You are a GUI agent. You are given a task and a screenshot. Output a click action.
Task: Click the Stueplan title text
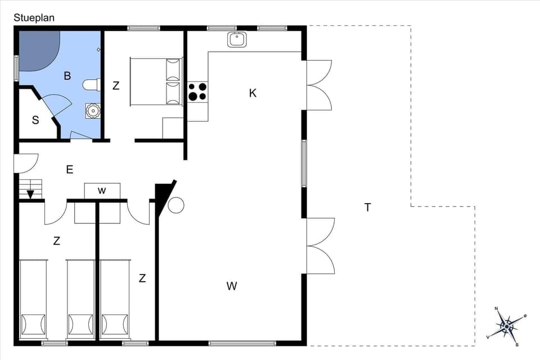[x=34, y=18]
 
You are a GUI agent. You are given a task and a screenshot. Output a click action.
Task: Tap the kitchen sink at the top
[x=237, y=39]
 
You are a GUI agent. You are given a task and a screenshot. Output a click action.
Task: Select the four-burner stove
[x=197, y=92]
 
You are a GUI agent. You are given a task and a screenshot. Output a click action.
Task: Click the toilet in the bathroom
[x=91, y=85]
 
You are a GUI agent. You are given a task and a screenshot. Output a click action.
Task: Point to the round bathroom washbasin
[x=92, y=111]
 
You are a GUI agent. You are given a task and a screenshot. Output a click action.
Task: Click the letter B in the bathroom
[x=67, y=76]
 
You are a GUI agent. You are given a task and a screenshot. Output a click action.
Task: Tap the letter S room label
[x=35, y=120]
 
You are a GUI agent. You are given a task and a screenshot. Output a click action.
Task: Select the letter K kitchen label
[x=253, y=93]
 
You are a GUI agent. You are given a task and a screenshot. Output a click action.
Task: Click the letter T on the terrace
[x=367, y=208]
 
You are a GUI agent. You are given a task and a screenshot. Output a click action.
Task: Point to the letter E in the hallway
[x=70, y=169]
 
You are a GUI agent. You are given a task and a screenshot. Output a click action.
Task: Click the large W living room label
[x=232, y=286]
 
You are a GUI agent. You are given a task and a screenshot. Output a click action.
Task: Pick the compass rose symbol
[x=506, y=326]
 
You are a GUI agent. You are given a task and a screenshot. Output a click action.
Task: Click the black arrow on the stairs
[x=30, y=194]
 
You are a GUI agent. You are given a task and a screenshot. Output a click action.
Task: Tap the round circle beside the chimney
[x=176, y=205]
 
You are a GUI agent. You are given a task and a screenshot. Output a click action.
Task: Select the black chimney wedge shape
[x=163, y=196]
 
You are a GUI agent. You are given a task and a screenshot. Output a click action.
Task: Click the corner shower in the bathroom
[x=38, y=51]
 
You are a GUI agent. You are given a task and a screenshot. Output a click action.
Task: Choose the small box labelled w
[x=102, y=191]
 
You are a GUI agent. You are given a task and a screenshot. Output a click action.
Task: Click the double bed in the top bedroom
[x=156, y=81]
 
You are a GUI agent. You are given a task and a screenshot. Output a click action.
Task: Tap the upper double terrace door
[x=319, y=85]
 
